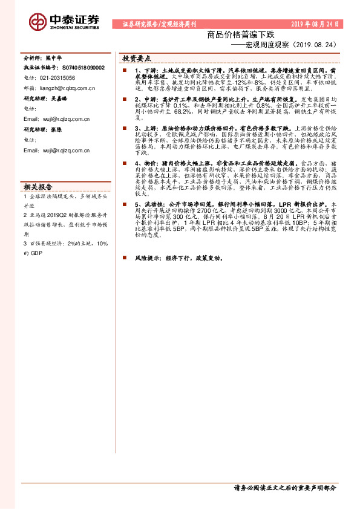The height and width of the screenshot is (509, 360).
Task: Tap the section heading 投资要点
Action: [137, 59]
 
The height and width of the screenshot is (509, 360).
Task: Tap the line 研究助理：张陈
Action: [43, 129]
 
